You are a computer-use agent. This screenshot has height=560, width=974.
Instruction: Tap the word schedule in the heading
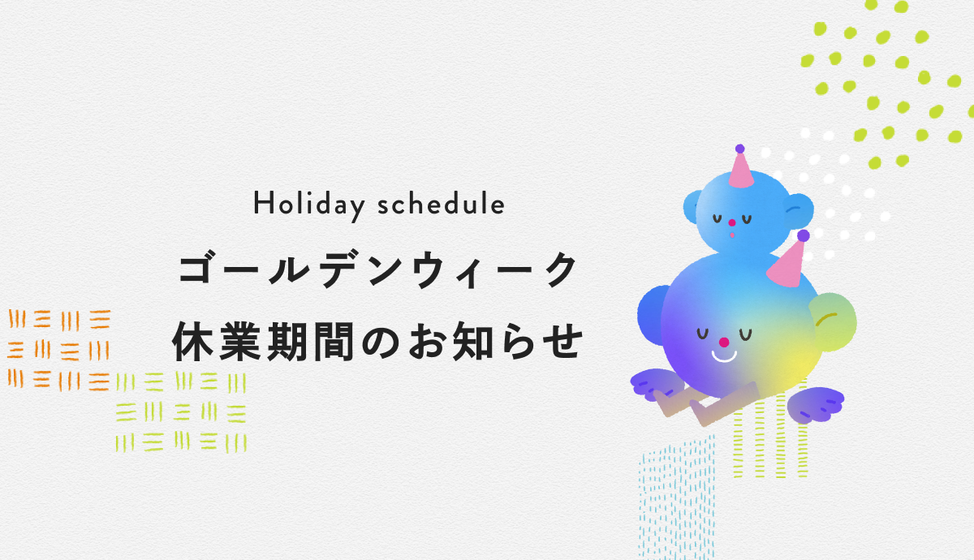point(441,204)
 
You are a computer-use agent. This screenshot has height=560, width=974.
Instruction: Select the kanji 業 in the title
point(240,342)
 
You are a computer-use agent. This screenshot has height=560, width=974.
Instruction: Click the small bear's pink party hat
point(741,171)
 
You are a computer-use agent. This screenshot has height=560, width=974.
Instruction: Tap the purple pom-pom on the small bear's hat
point(739,149)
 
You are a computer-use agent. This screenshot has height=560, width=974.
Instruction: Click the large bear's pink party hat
point(787,265)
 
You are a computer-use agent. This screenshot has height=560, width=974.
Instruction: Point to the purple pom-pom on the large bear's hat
point(804,235)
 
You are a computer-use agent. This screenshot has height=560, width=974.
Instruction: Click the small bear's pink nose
point(732,223)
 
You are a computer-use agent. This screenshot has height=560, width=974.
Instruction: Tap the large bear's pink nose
point(724,342)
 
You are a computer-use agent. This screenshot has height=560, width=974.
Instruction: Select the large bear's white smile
point(724,357)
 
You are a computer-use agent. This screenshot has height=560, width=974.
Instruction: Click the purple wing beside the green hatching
point(816,404)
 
